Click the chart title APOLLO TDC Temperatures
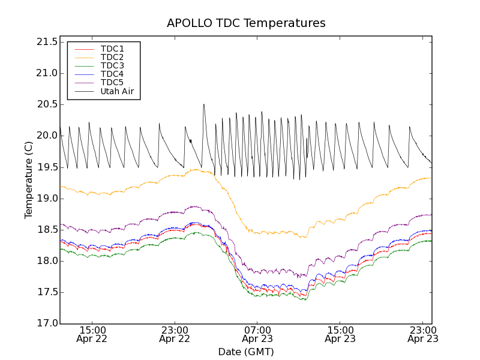246,23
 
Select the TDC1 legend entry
112,49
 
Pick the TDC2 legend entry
112,57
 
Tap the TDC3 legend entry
112,65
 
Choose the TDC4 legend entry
112,74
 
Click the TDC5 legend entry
112,83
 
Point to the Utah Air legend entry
117,92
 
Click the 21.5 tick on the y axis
46,42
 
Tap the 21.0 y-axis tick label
46,73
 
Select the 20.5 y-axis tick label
46,104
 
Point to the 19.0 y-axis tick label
46,199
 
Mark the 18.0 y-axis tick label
46,261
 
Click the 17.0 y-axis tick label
46,323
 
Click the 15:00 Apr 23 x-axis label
340,334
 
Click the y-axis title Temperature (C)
29,180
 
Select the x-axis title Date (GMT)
246,352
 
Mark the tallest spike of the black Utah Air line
203,105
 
